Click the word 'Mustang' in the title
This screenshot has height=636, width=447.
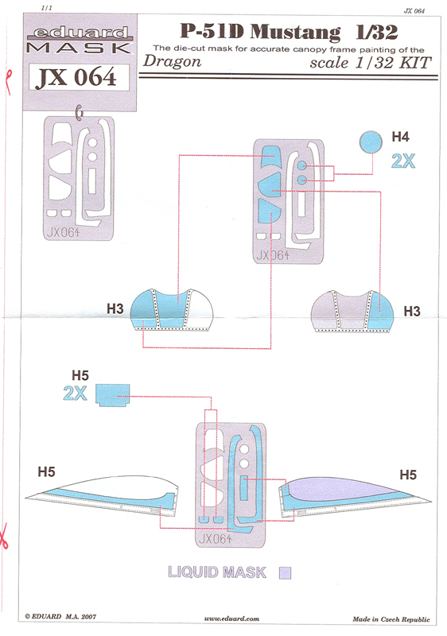[x=295, y=33]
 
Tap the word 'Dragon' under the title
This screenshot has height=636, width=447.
[x=172, y=61]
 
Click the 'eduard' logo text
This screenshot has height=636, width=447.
[x=80, y=33]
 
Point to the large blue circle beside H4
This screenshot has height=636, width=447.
[x=371, y=142]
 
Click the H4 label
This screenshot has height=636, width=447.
[x=400, y=137]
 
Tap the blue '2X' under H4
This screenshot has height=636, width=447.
[x=403, y=161]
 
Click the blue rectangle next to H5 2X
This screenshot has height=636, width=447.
[x=113, y=395]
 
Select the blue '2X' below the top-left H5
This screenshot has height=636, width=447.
[x=75, y=393]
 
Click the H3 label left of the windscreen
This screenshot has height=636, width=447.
[x=115, y=309]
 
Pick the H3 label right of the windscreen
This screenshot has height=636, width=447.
[x=412, y=312]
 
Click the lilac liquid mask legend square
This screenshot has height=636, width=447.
[x=286, y=572]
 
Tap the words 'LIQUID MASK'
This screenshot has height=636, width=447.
[x=217, y=572]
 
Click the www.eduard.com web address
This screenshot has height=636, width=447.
[x=231, y=619]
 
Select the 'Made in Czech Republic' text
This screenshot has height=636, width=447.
[x=391, y=619]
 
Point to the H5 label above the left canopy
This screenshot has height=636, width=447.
[x=46, y=471]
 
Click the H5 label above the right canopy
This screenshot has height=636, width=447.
[x=408, y=475]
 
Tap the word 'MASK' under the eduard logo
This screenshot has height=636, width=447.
[x=79, y=48]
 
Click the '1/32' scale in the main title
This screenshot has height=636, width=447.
[x=377, y=32]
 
